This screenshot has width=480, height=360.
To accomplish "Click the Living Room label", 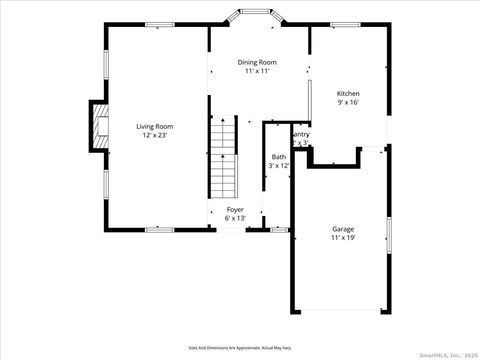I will tap(155, 126).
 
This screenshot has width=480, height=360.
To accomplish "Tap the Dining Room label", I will tap(257, 62).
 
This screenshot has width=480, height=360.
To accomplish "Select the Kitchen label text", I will tap(347, 92).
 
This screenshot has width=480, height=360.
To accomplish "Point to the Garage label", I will tap(343, 229).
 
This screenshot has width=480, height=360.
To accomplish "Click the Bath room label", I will tap(279, 157).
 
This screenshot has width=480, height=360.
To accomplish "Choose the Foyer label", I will tap(235, 209).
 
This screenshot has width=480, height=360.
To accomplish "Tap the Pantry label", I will tap(300, 134).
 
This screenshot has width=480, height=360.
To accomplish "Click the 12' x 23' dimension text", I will tap(155, 135).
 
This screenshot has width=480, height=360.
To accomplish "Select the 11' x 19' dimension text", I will tap(343, 238).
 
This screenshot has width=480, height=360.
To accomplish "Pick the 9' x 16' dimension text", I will tap(347, 101).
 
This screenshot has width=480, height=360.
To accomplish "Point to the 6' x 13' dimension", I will tap(235, 217).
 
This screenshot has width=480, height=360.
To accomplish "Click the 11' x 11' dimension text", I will tap(257, 71).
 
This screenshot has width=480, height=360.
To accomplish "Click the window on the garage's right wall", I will tap(388, 232).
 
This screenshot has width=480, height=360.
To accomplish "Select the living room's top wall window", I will tap(159, 25).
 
